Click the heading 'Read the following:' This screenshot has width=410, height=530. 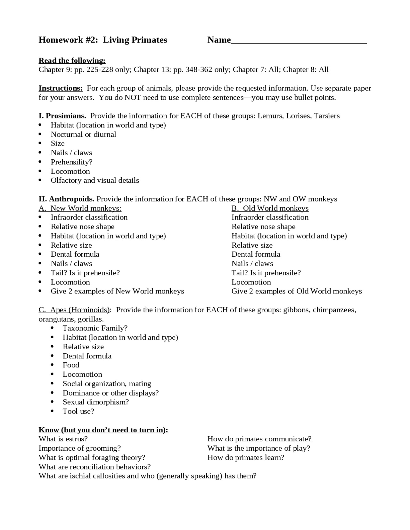72,60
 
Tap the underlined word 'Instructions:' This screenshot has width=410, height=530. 61,88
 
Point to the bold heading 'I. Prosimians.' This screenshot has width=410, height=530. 62,116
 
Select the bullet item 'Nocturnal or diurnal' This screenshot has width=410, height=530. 83,134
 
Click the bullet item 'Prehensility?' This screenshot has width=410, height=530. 71,162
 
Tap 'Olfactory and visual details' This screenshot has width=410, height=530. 95,181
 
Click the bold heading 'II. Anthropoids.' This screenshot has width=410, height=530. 66,199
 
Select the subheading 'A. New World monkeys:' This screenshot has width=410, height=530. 80,208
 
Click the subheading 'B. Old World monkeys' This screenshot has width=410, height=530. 270,208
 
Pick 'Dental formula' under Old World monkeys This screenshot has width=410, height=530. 256,254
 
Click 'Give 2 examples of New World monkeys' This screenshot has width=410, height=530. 117,291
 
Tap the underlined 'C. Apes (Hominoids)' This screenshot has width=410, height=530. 74,310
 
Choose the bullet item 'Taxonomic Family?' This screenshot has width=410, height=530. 95,328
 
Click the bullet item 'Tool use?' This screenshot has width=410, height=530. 78,411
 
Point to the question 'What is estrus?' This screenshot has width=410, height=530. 63,439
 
